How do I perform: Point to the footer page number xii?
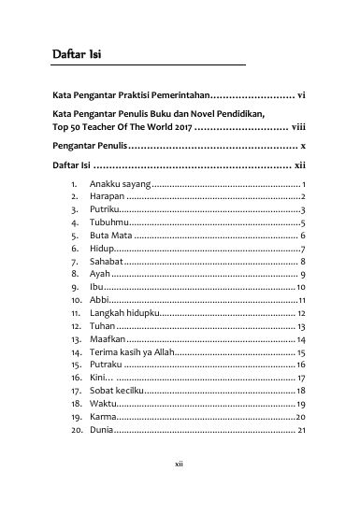(180, 487)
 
